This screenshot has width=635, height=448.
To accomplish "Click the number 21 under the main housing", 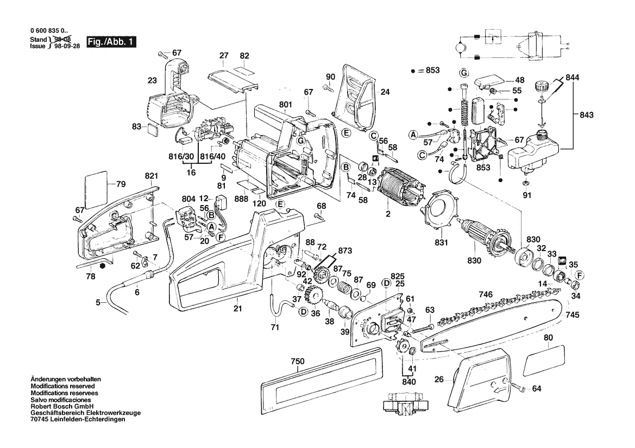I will [237, 309].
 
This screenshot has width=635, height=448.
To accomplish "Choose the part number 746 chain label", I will [485, 294].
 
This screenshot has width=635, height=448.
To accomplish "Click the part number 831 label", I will [441, 242].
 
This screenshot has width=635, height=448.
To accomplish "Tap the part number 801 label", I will [286, 105].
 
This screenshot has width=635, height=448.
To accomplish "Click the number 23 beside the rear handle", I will [152, 81].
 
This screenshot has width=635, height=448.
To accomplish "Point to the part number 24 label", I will [385, 92].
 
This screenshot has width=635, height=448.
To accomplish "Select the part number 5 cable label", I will [98, 303].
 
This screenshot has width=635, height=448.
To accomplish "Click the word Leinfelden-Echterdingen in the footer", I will [89, 419].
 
